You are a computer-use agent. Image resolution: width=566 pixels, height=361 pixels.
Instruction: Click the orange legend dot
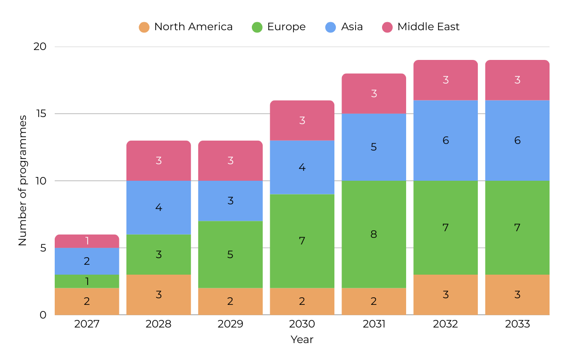pyautogui.click(x=144, y=27)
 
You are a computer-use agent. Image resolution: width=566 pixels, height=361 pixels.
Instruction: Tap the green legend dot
pyautogui.click(x=257, y=27)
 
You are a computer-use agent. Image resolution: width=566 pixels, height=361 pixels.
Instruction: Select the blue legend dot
pyautogui.click(x=331, y=27)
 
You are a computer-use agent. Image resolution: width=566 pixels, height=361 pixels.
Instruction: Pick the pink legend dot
pyautogui.click(x=387, y=27)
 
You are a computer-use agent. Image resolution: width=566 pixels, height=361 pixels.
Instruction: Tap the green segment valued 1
pyautogui.click(x=87, y=282)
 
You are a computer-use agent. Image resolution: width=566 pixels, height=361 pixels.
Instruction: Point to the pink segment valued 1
pyautogui.click(x=87, y=241)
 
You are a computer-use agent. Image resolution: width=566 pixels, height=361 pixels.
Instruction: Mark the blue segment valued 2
pyautogui.click(x=87, y=261)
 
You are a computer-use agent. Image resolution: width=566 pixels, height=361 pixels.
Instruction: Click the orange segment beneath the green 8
pyautogui.click(x=374, y=302)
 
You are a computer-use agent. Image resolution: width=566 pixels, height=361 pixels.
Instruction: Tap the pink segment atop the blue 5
pyautogui.click(x=374, y=93)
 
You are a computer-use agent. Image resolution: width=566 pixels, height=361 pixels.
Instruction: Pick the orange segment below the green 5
pyautogui.click(x=230, y=302)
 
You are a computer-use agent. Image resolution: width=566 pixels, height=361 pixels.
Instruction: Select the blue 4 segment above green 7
pyautogui.click(x=302, y=168)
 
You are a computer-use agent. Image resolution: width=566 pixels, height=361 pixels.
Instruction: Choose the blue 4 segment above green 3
pyautogui.click(x=158, y=208)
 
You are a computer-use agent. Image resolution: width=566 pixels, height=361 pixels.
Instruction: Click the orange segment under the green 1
pyautogui.click(x=87, y=302)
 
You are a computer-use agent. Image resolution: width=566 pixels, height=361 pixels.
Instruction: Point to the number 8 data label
pyautogui.click(x=374, y=235)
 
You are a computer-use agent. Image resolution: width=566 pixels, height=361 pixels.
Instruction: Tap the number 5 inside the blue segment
pyautogui.click(x=374, y=147)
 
